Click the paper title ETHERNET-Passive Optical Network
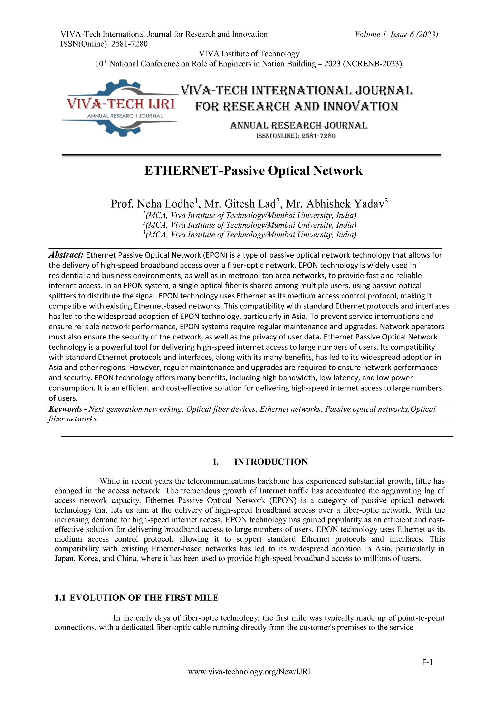click(x=253, y=171)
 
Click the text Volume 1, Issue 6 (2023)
click(x=396, y=34)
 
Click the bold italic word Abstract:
click(x=66, y=255)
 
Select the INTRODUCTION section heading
click(x=271, y=462)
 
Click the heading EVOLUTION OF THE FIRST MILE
click(x=144, y=598)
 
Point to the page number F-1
click(x=427, y=662)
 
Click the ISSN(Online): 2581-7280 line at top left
click(x=104, y=44)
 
